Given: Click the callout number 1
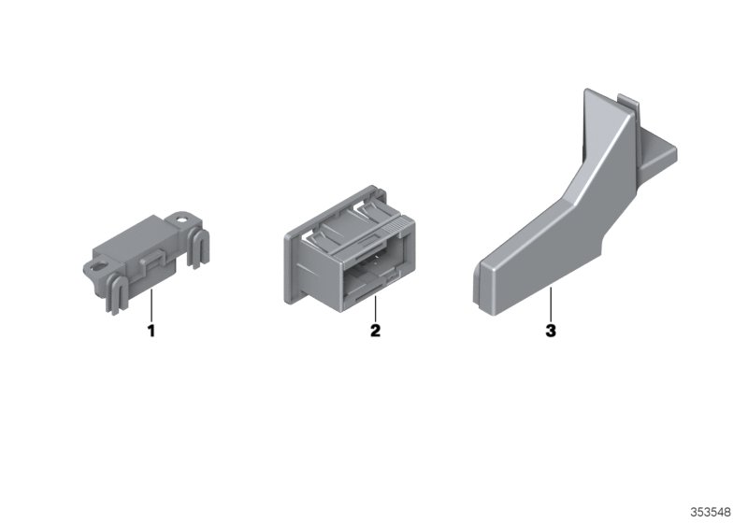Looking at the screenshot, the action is [151, 331].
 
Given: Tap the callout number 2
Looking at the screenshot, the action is [376, 331].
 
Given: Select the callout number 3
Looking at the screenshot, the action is [551, 331].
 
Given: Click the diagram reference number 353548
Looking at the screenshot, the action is [711, 513].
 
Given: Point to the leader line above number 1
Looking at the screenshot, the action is [151, 304].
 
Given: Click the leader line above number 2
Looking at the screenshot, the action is [376, 308].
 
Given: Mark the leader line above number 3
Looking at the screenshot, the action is [551, 304].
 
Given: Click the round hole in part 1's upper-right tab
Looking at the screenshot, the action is [181, 220].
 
